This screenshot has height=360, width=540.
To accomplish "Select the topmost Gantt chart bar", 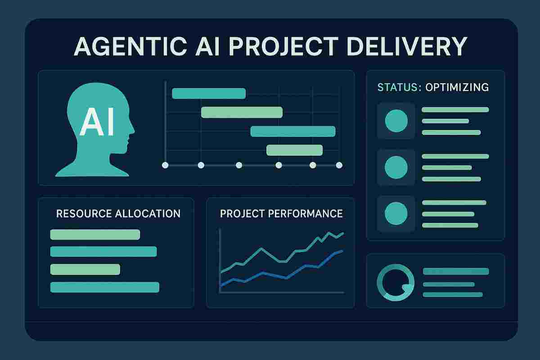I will pyautogui.click(x=209, y=93).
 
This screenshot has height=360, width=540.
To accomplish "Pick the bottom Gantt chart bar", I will pyautogui.click(x=294, y=150).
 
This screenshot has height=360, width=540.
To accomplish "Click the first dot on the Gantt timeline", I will pyautogui.click(x=165, y=165).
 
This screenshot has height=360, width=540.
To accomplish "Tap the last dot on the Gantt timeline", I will pyautogui.click(x=339, y=165).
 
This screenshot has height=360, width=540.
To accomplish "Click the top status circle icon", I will pyautogui.click(x=396, y=121).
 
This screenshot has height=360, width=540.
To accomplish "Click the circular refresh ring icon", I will pyautogui.click(x=395, y=282).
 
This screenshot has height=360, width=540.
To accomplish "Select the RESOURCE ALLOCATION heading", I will pyautogui.click(x=118, y=213).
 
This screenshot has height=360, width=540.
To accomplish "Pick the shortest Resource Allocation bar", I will pyautogui.click(x=85, y=269).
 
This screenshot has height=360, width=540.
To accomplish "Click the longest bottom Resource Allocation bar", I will pyautogui.click(x=105, y=287).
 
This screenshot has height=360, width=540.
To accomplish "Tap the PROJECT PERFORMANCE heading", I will pyautogui.click(x=281, y=213).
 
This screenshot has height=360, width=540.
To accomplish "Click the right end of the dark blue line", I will pyautogui.click(x=342, y=251).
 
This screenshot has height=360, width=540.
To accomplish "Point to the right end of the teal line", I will pyautogui.click(x=343, y=233).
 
